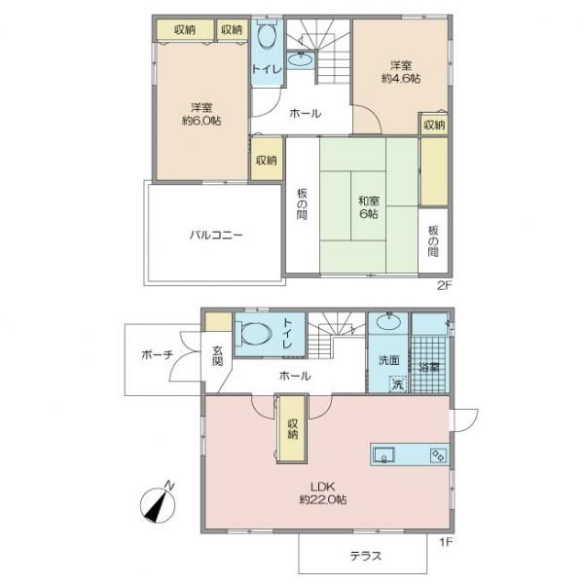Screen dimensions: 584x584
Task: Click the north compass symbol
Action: pyautogui.click(x=158, y=504)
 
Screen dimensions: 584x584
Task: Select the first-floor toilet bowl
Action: pyautogui.click(x=254, y=333)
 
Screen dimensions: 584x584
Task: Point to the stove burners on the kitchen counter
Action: pyautogui.click(x=438, y=456)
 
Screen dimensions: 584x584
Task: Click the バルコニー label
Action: pyautogui.click(x=216, y=235)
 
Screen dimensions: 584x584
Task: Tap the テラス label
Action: pyautogui.click(x=365, y=556)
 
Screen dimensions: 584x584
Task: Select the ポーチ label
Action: pyautogui.click(x=157, y=354)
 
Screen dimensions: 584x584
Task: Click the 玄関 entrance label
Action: pyautogui.click(x=217, y=356)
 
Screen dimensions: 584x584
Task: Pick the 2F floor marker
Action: pyautogui.click(x=444, y=285)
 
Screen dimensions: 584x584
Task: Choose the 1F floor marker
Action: pyautogui.click(x=446, y=542)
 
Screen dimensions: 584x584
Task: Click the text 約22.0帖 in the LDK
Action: pyautogui.click(x=323, y=499)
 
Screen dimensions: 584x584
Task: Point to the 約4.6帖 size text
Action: pyautogui.click(x=401, y=79)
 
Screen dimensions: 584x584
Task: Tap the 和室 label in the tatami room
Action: pyautogui.click(x=369, y=201)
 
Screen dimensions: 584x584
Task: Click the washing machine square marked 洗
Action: pyautogui.click(x=398, y=384)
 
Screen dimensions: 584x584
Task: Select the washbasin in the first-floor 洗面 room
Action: pyautogui.click(x=388, y=321)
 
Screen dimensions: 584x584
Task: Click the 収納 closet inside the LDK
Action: pyautogui.click(x=292, y=428)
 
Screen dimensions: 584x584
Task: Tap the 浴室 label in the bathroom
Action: pyautogui.click(x=429, y=367)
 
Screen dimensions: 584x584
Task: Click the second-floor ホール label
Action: pyautogui.click(x=305, y=113)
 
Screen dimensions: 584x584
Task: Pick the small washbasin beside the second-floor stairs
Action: pyautogui.click(x=301, y=59)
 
